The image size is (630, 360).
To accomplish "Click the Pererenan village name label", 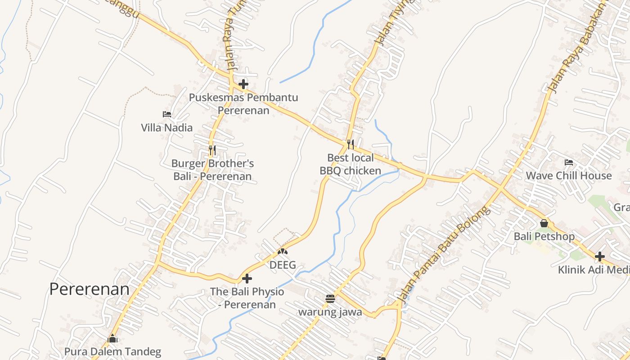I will click(89, 289).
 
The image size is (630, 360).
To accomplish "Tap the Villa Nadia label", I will click(166, 128).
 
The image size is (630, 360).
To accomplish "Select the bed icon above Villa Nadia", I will click(166, 114).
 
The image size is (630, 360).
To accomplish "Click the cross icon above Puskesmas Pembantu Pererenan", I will click(243, 84).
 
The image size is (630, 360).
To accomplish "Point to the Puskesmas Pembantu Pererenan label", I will click(243, 104).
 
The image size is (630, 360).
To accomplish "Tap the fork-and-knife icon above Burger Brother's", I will click(212, 150).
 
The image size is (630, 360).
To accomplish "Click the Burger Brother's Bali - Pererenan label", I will click(212, 170).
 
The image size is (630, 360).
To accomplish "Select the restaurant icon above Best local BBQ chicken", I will click(351, 144).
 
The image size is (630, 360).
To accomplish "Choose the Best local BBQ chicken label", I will click(351, 164).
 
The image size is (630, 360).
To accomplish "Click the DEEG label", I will click(283, 265).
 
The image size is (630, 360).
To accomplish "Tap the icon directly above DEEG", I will click(283, 252).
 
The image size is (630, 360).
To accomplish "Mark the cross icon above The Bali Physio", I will click(247, 279).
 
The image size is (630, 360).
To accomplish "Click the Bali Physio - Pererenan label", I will click(247, 298).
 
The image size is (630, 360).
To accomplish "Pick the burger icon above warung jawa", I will click(330, 299).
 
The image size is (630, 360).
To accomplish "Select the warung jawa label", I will click(330, 312).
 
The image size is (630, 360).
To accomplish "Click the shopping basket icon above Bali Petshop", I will click(544, 223).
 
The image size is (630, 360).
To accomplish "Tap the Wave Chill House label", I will click(569, 175).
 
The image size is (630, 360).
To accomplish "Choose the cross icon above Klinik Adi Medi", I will click(599, 256).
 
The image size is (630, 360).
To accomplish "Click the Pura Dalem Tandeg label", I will click(112, 351).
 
